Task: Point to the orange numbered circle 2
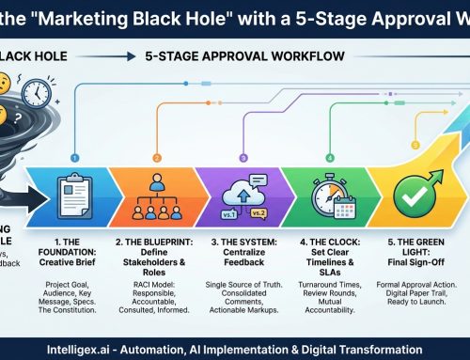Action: [x=156, y=133]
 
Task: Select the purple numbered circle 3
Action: [x=243, y=133]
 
